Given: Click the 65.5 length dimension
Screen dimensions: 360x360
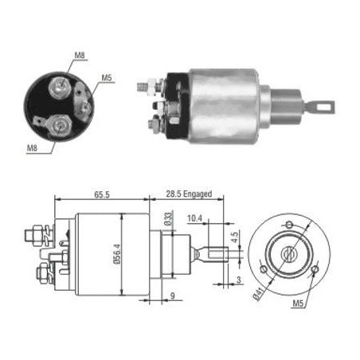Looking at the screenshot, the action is [102, 194].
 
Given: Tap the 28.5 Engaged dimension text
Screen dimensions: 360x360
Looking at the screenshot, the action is [189, 194].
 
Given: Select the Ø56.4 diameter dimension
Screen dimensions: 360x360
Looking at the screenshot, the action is [118, 254].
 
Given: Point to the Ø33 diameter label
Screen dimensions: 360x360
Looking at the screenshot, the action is [168, 219].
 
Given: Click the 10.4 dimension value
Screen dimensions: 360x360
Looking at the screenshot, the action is [194, 218].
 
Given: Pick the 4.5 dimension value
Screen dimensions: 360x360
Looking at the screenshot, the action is [235, 237].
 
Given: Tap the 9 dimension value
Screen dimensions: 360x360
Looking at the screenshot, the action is [173, 295].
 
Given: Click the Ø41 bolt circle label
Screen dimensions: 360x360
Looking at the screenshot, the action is [259, 294].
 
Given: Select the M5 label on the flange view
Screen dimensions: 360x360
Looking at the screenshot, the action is [298, 303].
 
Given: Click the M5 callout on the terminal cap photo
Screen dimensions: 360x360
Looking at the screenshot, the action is [107, 78].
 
